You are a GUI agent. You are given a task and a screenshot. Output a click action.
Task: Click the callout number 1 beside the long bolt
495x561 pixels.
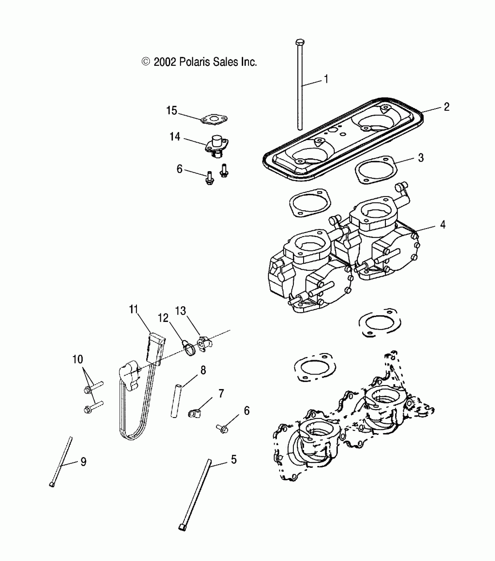coord(326,79)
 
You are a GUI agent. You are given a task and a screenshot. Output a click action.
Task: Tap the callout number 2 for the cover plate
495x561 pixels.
coord(447,107)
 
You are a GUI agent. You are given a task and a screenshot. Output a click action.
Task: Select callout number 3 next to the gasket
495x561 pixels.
coord(421,158)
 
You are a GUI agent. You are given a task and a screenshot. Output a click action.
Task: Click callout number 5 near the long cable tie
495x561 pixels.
coord(234,460)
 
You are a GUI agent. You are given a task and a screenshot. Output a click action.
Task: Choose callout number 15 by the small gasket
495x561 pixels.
coord(172,111)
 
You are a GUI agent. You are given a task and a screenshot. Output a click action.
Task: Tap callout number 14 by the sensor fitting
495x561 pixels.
coord(175,137)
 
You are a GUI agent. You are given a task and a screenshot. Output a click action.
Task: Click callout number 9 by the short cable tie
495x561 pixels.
coord(83,462)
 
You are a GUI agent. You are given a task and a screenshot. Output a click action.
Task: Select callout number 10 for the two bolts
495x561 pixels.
coord(78,359)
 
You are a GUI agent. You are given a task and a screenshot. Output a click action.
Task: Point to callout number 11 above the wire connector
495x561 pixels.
coord(133,309)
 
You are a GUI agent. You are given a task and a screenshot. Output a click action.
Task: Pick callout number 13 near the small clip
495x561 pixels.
coord(181,311)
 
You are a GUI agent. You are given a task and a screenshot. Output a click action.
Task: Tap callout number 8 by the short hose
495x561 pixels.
coord(203,370)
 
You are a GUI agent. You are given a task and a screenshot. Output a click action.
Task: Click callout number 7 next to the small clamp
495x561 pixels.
coord(221,394)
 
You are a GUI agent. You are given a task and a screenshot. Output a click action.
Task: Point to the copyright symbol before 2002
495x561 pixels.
coord(146,62)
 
